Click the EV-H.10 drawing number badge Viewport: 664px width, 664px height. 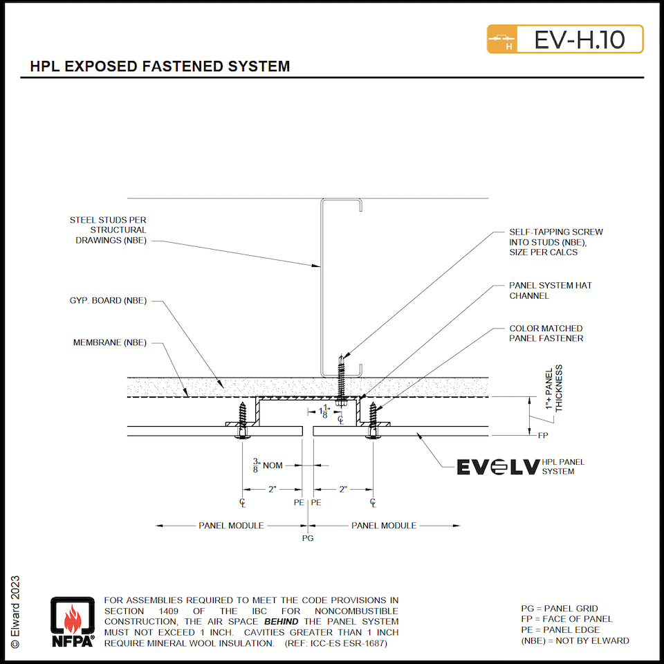tap(565, 39)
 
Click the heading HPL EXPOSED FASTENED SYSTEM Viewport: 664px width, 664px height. tap(160, 67)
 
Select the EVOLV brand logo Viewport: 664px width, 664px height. tap(497, 468)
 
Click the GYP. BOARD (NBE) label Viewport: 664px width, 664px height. tap(108, 301)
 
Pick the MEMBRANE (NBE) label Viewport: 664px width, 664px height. tap(110, 342)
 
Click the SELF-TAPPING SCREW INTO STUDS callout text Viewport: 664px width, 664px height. tap(555, 242)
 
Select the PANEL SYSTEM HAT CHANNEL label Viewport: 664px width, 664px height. tap(551, 290)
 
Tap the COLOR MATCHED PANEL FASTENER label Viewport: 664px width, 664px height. tap(546, 333)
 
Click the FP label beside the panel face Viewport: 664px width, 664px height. tap(543, 436)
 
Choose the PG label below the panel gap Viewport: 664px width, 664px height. tap(308, 537)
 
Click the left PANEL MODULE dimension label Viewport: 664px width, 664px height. tap(231, 526)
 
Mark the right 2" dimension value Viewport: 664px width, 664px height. tap(342, 489)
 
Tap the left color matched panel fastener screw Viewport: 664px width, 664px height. tap(241, 418)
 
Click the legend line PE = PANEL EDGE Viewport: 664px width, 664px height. tap(560, 629)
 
